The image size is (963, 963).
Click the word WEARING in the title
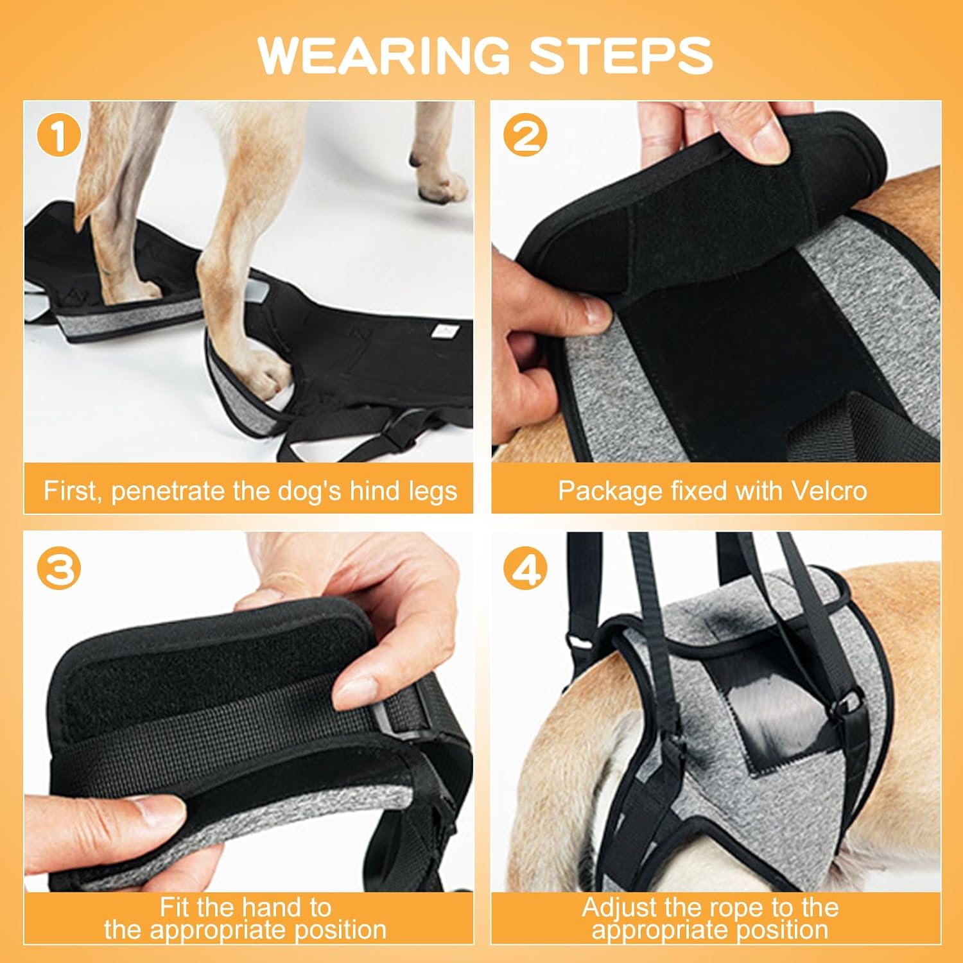[x=383, y=55]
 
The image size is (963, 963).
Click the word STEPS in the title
[x=621, y=55]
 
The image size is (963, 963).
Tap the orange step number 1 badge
[x=59, y=136]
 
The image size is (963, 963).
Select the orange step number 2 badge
[x=526, y=136]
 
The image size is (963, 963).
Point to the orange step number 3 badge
[x=59, y=569]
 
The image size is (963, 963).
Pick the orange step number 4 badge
[x=526, y=569]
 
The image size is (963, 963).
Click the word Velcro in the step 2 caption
[x=829, y=491]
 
